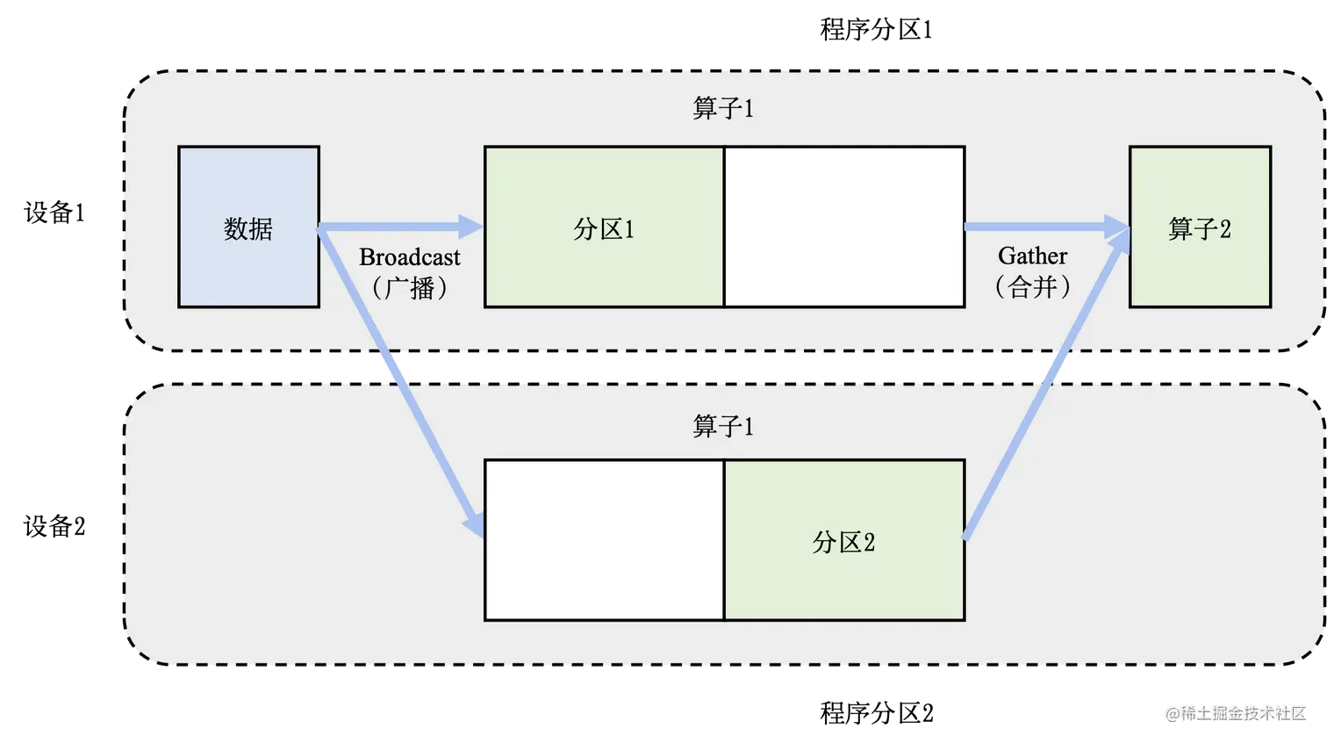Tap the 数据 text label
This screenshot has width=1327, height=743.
(248, 229)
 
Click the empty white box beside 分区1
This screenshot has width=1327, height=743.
(844, 227)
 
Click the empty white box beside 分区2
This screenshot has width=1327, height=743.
(604, 539)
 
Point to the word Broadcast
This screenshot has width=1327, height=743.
(410, 257)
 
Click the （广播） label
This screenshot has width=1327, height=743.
(410, 287)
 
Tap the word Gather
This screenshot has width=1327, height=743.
(1033, 256)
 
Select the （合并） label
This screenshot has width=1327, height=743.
(1033, 286)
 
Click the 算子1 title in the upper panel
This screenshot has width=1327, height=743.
(723, 108)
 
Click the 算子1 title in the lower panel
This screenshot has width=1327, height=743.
(723, 426)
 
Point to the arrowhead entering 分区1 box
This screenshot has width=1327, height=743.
(472, 227)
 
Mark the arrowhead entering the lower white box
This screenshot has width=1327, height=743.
(475, 524)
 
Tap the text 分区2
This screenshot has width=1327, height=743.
(844, 542)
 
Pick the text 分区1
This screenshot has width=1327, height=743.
(604, 229)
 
